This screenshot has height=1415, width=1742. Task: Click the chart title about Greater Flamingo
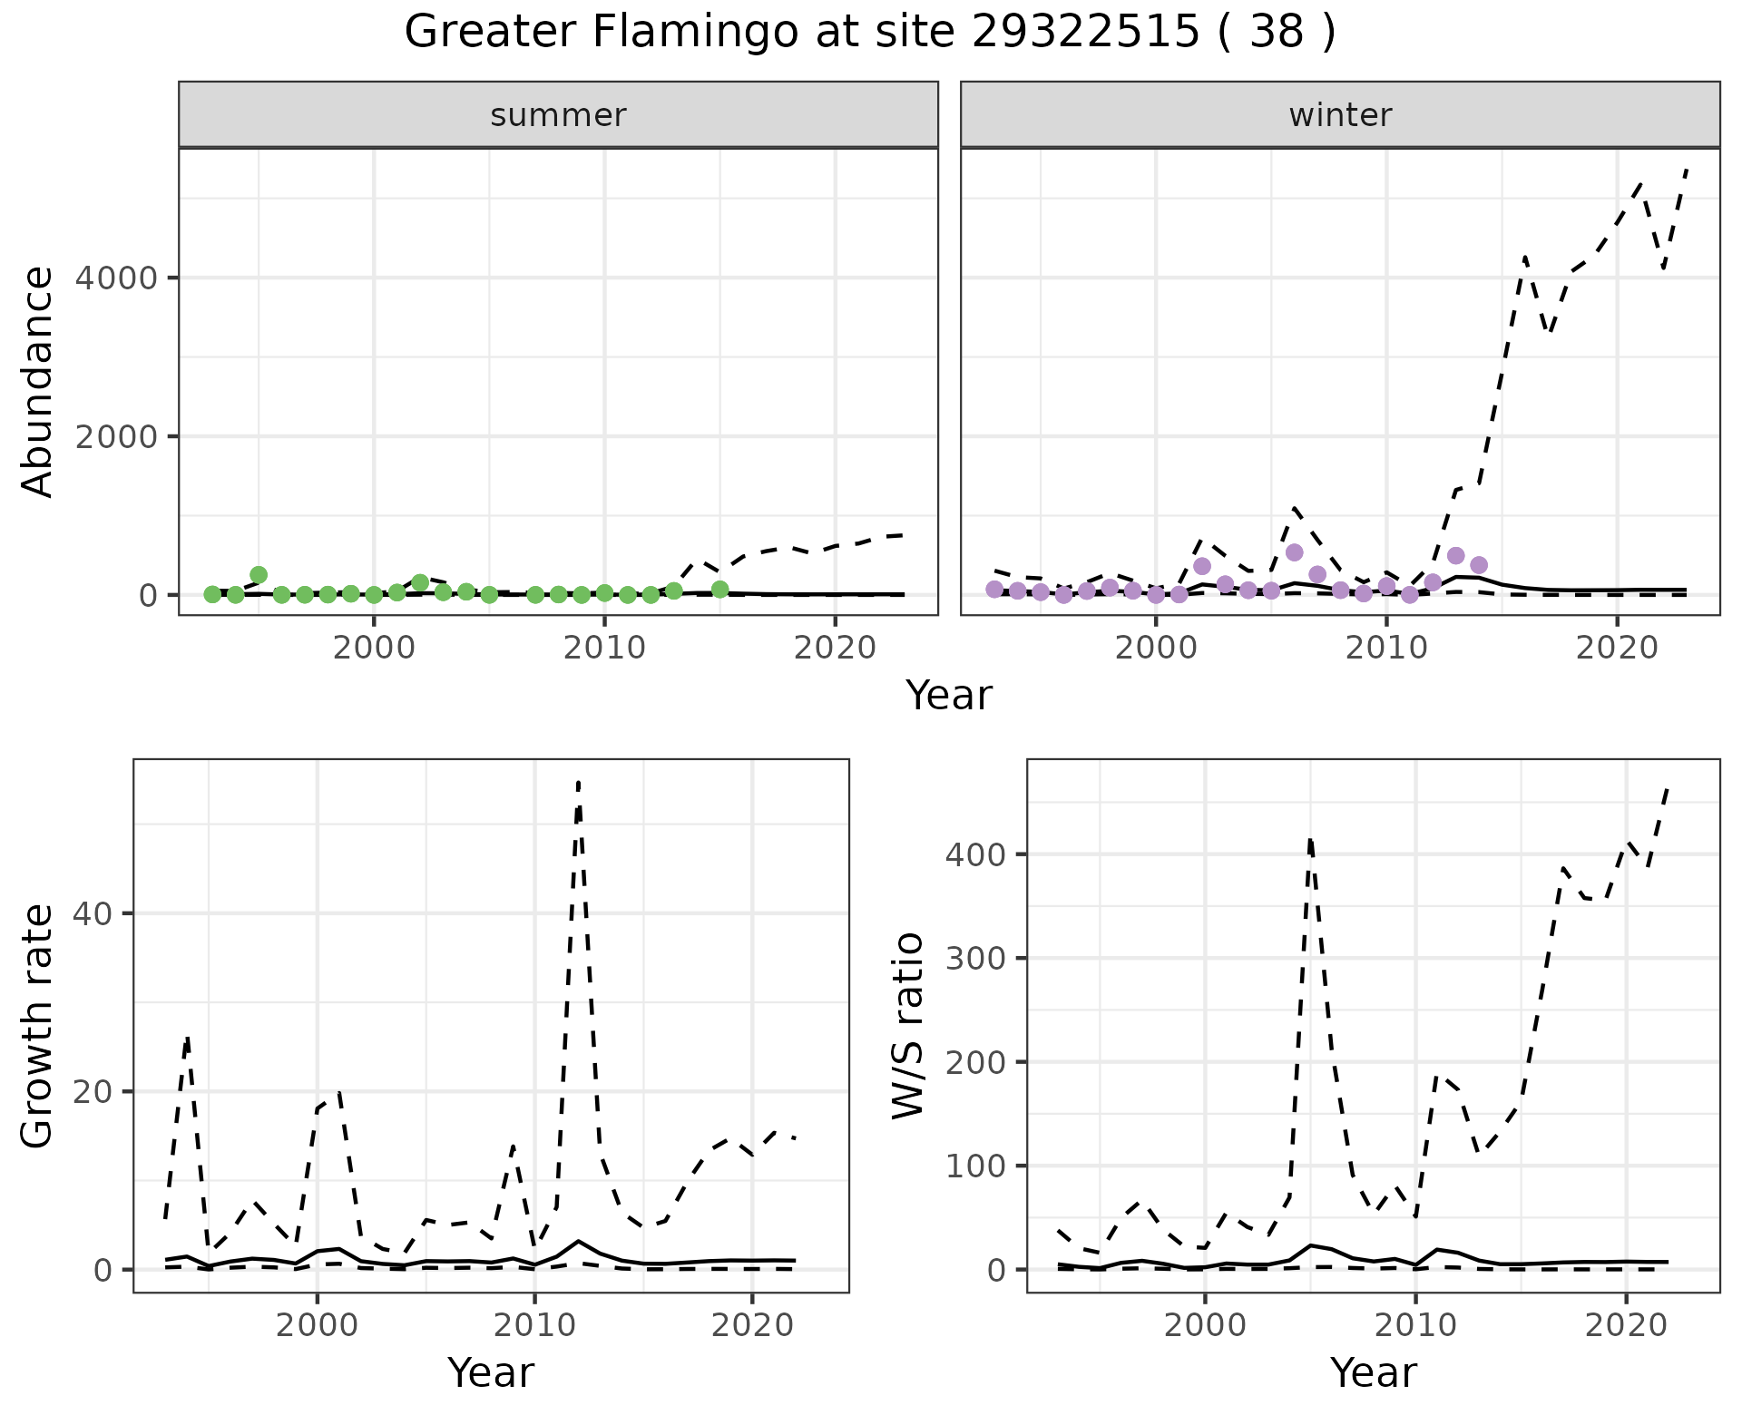(x=869, y=33)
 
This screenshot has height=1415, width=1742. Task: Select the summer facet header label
(x=558, y=115)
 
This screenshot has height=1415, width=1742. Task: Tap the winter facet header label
(x=1340, y=115)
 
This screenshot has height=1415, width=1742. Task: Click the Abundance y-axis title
(x=38, y=381)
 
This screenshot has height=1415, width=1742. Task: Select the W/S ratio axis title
(x=907, y=1025)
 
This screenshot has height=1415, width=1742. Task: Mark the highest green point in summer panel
(x=259, y=574)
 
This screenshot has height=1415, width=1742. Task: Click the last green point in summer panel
(x=720, y=590)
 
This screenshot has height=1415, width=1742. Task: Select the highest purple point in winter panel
(x=1295, y=552)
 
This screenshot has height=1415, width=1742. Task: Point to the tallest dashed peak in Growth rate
(x=578, y=782)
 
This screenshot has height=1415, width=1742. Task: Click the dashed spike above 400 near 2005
(x=1310, y=839)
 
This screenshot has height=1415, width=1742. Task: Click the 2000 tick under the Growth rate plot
(x=317, y=1325)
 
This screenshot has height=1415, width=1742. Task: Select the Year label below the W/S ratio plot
(x=1373, y=1373)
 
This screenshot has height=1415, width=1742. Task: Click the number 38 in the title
(x=1277, y=33)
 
